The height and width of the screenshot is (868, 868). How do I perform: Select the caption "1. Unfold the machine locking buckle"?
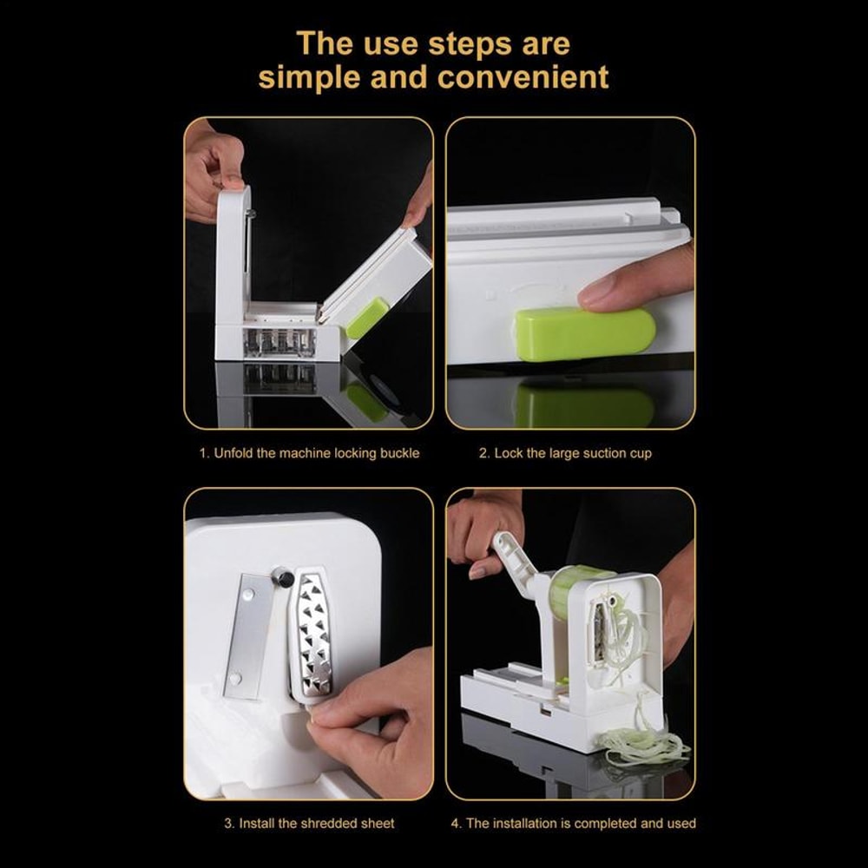pos(309,453)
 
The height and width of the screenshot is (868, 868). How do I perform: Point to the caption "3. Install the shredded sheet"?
pos(309,823)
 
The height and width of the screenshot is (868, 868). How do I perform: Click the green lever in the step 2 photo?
pos(583,333)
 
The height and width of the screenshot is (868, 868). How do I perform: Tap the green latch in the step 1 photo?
pos(368,317)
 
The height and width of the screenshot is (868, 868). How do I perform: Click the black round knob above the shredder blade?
pos(281,575)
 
